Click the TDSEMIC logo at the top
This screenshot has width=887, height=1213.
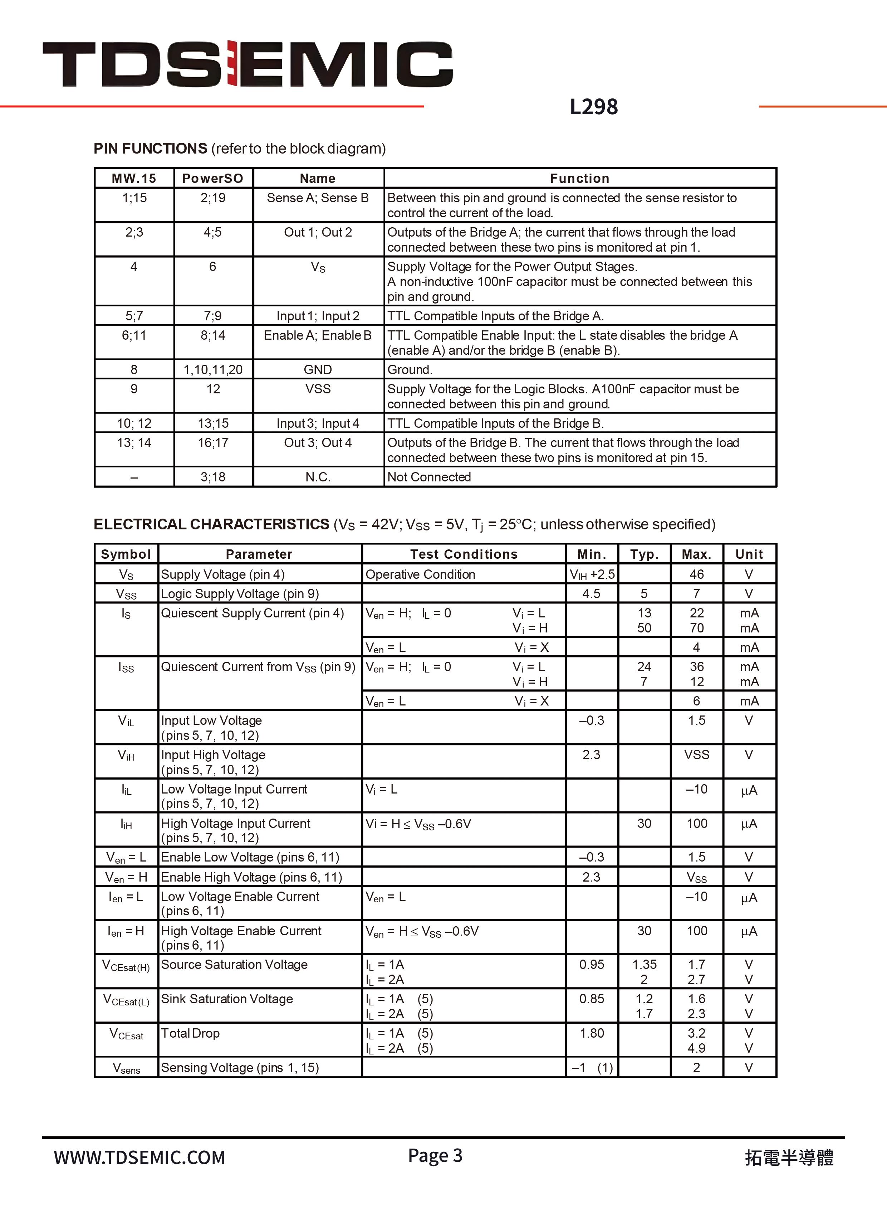click(247, 64)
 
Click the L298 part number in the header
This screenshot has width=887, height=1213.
click(593, 107)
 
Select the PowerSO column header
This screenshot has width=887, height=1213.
click(212, 178)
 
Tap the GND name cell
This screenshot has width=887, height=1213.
click(318, 370)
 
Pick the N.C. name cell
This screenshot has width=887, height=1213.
click(318, 477)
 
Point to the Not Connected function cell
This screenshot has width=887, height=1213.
click(429, 477)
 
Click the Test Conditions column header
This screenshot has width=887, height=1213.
click(464, 554)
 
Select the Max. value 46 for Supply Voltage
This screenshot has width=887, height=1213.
click(696, 574)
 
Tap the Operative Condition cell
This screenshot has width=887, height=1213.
click(420, 574)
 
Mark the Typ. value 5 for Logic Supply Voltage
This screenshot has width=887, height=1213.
click(644, 593)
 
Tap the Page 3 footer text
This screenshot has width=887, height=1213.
click(435, 1155)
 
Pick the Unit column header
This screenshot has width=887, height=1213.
click(749, 554)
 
